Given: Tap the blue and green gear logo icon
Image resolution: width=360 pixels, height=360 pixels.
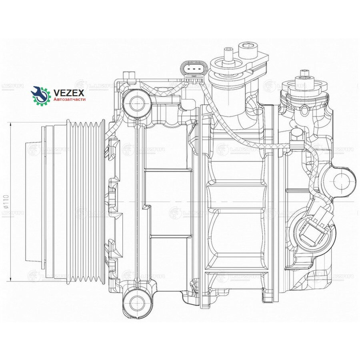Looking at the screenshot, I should point(40,95).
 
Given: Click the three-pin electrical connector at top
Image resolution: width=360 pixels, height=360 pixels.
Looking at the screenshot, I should point(194,70).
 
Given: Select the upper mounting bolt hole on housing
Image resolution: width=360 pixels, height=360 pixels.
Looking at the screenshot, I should point(137,104).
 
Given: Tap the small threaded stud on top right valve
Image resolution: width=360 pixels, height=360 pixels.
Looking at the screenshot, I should point(305,74).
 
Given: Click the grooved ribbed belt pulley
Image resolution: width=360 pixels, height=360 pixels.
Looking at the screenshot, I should point(86,202).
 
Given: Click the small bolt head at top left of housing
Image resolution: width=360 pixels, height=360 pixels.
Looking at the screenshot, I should point(128,75).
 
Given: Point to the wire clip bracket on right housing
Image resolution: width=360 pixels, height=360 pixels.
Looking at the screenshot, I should point(296,138).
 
